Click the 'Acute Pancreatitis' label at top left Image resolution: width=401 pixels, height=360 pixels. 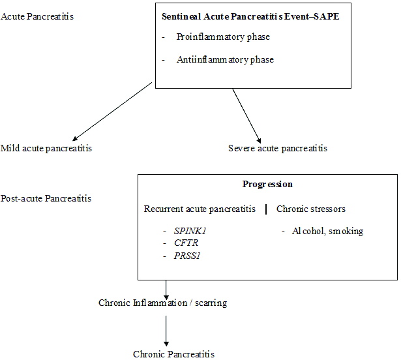click(x=37, y=16)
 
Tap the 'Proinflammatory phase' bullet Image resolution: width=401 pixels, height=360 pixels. click(x=223, y=37)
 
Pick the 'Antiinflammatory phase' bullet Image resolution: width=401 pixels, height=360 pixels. click(x=225, y=59)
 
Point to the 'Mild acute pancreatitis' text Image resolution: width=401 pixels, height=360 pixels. click(x=46, y=148)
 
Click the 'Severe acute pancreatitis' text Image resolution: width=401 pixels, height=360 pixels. click(x=278, y=148)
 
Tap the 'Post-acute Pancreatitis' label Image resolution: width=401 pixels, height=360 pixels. click(x=46, y=198)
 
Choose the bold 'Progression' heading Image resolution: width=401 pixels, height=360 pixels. click(x=267, y=184)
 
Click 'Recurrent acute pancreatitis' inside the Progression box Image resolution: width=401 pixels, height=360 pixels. click(x=200, y=209)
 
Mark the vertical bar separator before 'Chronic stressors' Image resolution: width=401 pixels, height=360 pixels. click(x=266, y=209)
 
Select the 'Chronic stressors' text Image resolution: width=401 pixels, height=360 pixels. click(x=311, y=209)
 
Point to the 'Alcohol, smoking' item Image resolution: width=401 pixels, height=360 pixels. click(x=327, y=232)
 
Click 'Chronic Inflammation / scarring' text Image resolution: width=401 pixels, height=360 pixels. click(x=163, y=303)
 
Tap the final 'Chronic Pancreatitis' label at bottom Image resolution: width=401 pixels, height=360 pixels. click(x=173, y=354)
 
